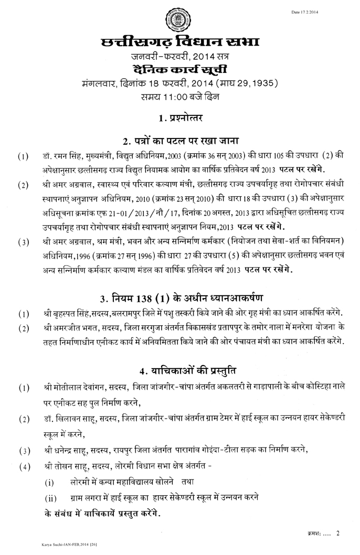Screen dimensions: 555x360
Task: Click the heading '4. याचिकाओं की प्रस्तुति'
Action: [x=180, y=371]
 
